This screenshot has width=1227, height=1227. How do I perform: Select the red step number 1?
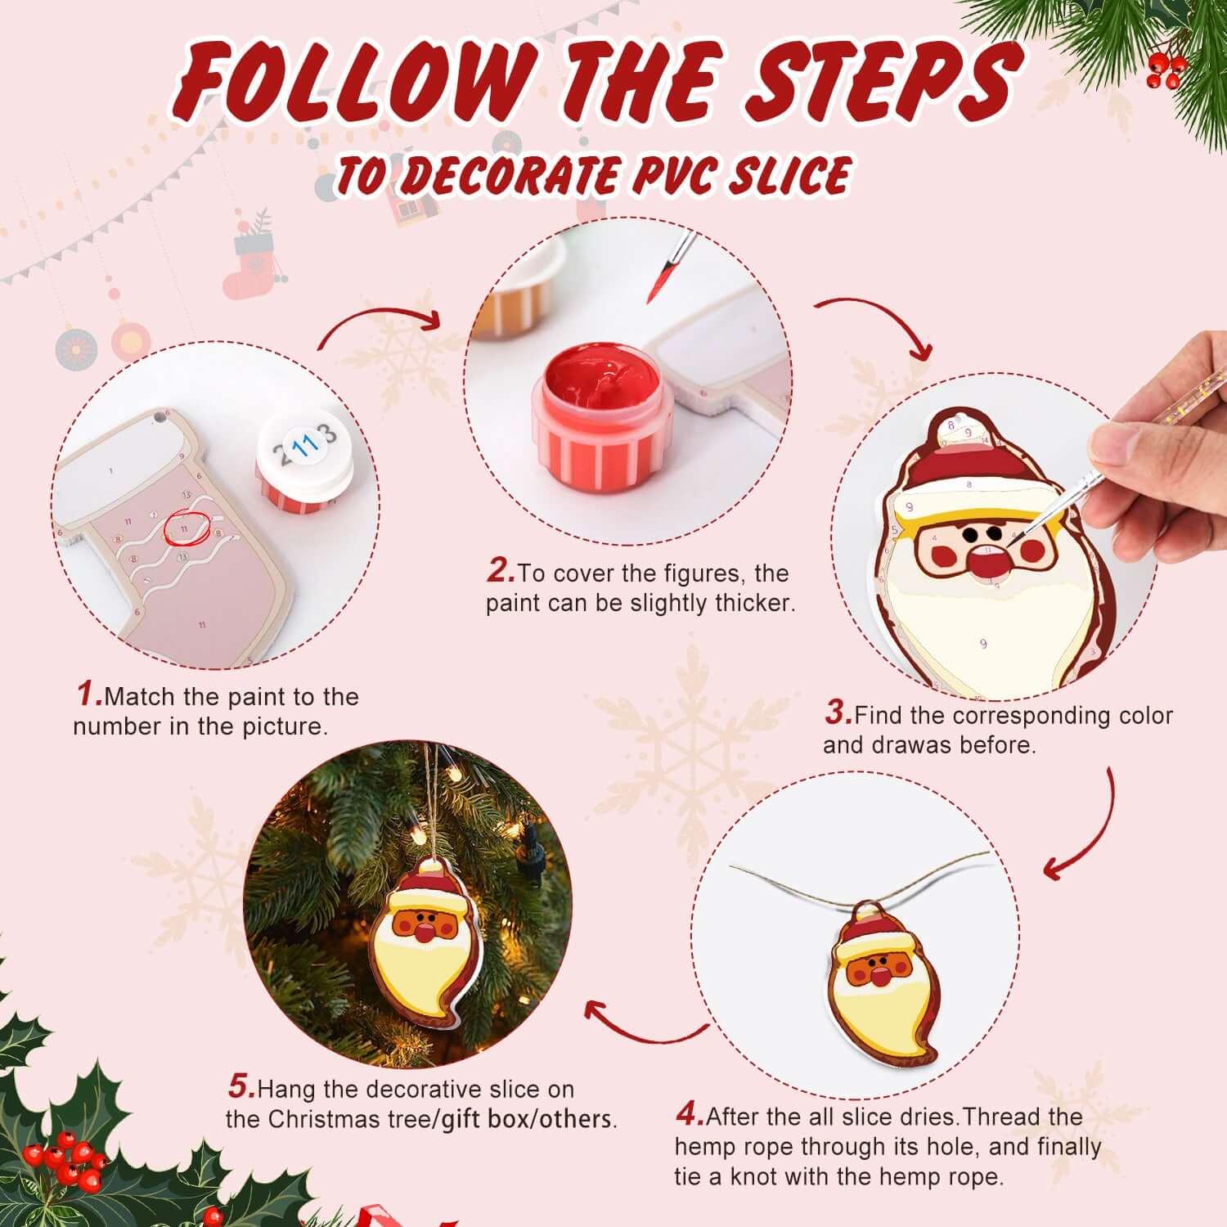click(88, 695)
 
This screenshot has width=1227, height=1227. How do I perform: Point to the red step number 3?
click(838, 713)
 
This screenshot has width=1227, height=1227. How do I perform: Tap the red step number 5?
click(241, 1088)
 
